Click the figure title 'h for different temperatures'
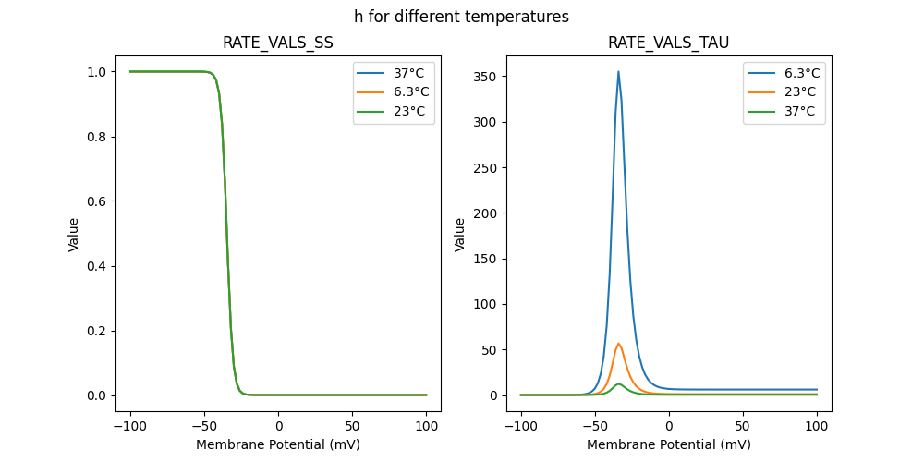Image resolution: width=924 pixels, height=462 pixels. click(461, 17)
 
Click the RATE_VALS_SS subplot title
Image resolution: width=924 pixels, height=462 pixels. click(278, 43)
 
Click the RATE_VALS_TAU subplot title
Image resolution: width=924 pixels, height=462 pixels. click(668, 43)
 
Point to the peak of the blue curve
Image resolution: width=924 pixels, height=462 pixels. click(618, 72)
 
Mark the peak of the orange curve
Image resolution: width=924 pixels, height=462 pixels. click(618, 344)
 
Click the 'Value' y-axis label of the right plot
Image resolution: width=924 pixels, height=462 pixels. click(459, 235)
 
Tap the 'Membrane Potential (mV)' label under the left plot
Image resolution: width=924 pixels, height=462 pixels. click(278, 444)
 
